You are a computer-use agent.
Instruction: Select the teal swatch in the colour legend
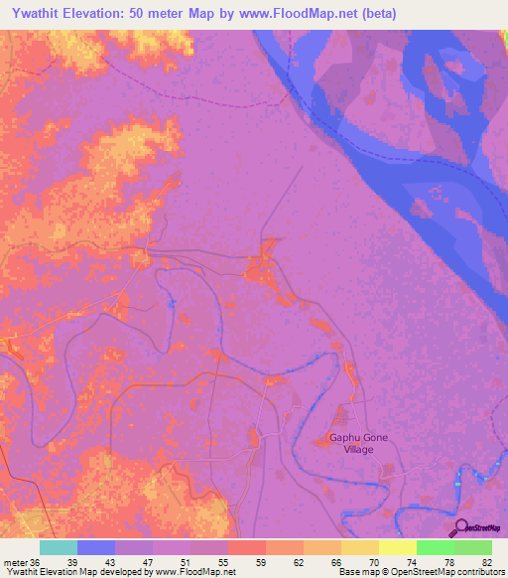coord(59,547)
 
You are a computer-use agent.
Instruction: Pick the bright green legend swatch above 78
coord(435,547)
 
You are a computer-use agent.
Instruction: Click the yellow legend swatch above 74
coord(397,547)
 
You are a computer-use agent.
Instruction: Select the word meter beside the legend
coord(16,561)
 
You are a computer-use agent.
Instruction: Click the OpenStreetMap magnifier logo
coord(458,528)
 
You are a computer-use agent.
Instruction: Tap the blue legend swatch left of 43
coord(96,547)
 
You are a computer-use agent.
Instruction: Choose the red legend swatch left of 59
coord(246,547)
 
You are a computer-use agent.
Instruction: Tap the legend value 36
coord(36,561)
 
